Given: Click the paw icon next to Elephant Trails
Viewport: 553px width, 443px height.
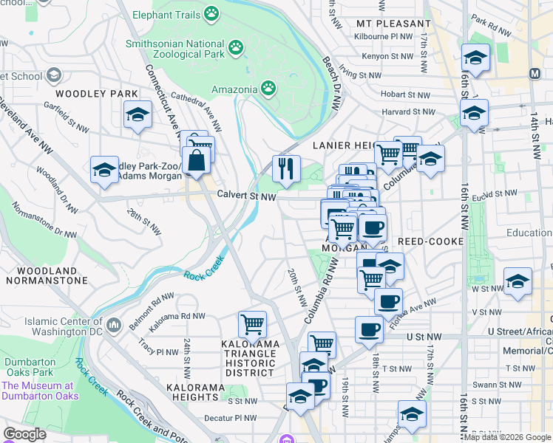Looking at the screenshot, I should coord(212,14).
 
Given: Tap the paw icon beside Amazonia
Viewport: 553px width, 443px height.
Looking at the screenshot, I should coord(268,89).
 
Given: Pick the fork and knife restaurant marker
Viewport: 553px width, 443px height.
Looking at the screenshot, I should coord(285,168).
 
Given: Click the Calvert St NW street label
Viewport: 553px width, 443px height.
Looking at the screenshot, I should coord(246,196).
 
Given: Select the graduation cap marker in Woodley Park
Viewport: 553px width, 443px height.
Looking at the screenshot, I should coord(138,114).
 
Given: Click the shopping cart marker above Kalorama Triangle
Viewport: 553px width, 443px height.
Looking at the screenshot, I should coord(253,323).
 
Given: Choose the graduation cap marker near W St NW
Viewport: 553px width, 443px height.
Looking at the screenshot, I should coord(518,281).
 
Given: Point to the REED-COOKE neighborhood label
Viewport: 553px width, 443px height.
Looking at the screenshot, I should coord(430,241).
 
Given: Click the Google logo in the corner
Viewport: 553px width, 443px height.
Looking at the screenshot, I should coord(25,434).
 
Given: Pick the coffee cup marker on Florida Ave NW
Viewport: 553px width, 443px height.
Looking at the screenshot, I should coord(388,301).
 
